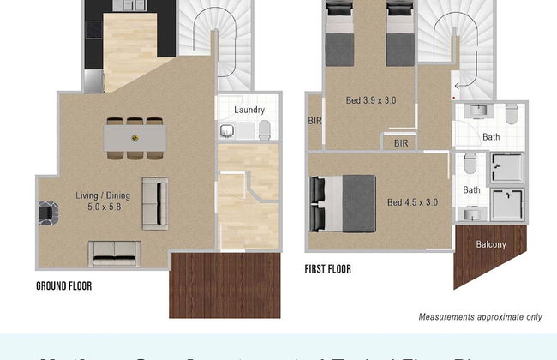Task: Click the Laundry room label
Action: coord(249,110)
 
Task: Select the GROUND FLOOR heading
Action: coord(63,286)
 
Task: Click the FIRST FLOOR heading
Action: coord(327,269)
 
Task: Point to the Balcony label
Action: coord(491,244)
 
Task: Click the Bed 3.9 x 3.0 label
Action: coord(370,100)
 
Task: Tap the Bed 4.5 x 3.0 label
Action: coord(413,202)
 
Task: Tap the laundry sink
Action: coord(228,130)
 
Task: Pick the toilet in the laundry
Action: coord(265,130)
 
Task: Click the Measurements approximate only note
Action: coord(480,317)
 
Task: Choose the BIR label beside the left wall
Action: coord(314,122)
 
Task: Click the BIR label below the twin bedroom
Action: coord(401,143)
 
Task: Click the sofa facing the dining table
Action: coord(155,203)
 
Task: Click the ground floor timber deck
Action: coord(225,285)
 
